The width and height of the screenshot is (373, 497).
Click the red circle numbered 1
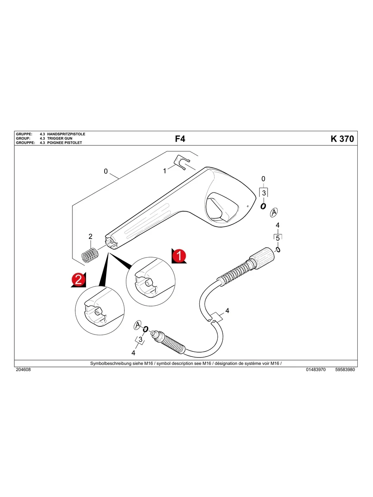(178, 255)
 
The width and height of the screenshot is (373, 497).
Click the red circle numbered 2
(78, 279)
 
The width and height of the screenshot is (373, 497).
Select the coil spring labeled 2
(90, 255)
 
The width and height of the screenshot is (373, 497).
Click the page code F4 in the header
(180, 139)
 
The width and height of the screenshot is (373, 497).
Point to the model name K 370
(342, 139)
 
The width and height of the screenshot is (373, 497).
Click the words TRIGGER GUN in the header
(60, 139)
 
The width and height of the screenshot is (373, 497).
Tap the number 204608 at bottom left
(23, 370)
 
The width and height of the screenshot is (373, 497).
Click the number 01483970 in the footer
(316, 370)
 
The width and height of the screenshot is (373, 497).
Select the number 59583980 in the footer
(345, 370)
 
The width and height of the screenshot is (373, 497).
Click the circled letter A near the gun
(274, 212)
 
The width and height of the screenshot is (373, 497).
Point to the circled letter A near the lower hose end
(138, 325)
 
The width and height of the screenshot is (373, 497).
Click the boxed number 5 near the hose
(277, 238)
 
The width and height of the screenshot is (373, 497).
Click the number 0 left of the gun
(106, 172)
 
